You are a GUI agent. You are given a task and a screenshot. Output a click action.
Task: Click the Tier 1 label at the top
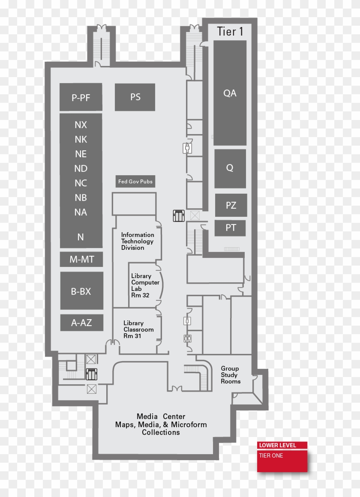pyautogui.click(x=227, y=31)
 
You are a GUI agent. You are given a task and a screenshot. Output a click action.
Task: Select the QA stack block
pyautogui.click(x=230, y=93)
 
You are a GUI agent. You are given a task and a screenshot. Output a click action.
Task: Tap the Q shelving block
pyautogui.click(x=230, y=168)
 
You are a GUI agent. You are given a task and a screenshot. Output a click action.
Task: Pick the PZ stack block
pyautogui.click(x=231, y=205)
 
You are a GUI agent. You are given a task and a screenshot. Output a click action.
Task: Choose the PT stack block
pyautogui.click(x=231, y=228)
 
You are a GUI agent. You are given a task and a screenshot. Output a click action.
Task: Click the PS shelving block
pyautogui.click(x=135, y=97)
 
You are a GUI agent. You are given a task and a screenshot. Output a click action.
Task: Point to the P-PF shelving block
pyautogui.click(x=81, y=98)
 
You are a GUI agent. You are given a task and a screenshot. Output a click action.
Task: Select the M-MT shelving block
pyautogui.click(x=81, y=259)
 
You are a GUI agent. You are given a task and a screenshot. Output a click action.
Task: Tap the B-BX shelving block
pyautogui.click(x=81, y=291)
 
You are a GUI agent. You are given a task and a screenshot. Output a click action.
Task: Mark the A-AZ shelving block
pyautogui.click(x=81, y=323)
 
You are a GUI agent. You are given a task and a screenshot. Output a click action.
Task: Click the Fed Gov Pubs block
pyautogui.click(x=135, y=182)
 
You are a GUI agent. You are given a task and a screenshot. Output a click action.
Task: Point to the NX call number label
pyautogui.click(x=81, y=125)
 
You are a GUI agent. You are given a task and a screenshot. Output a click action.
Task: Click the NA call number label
pyautogui.click(x=81, y=212)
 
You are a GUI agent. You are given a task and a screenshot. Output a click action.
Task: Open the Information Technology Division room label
pyautogui.click(x=137, y=241)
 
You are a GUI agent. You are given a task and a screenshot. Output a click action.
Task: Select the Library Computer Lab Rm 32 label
pyautogui.click(x=145, y=285)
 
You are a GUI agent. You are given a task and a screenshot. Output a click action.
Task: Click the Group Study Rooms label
pyautogui.click(x=231, y=375)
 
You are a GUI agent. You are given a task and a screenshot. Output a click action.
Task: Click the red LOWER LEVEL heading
pyautogui.click(x=277, y=445)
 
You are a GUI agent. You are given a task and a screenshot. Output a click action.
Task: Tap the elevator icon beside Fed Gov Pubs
pyautogui.click(x=178, y=216)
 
